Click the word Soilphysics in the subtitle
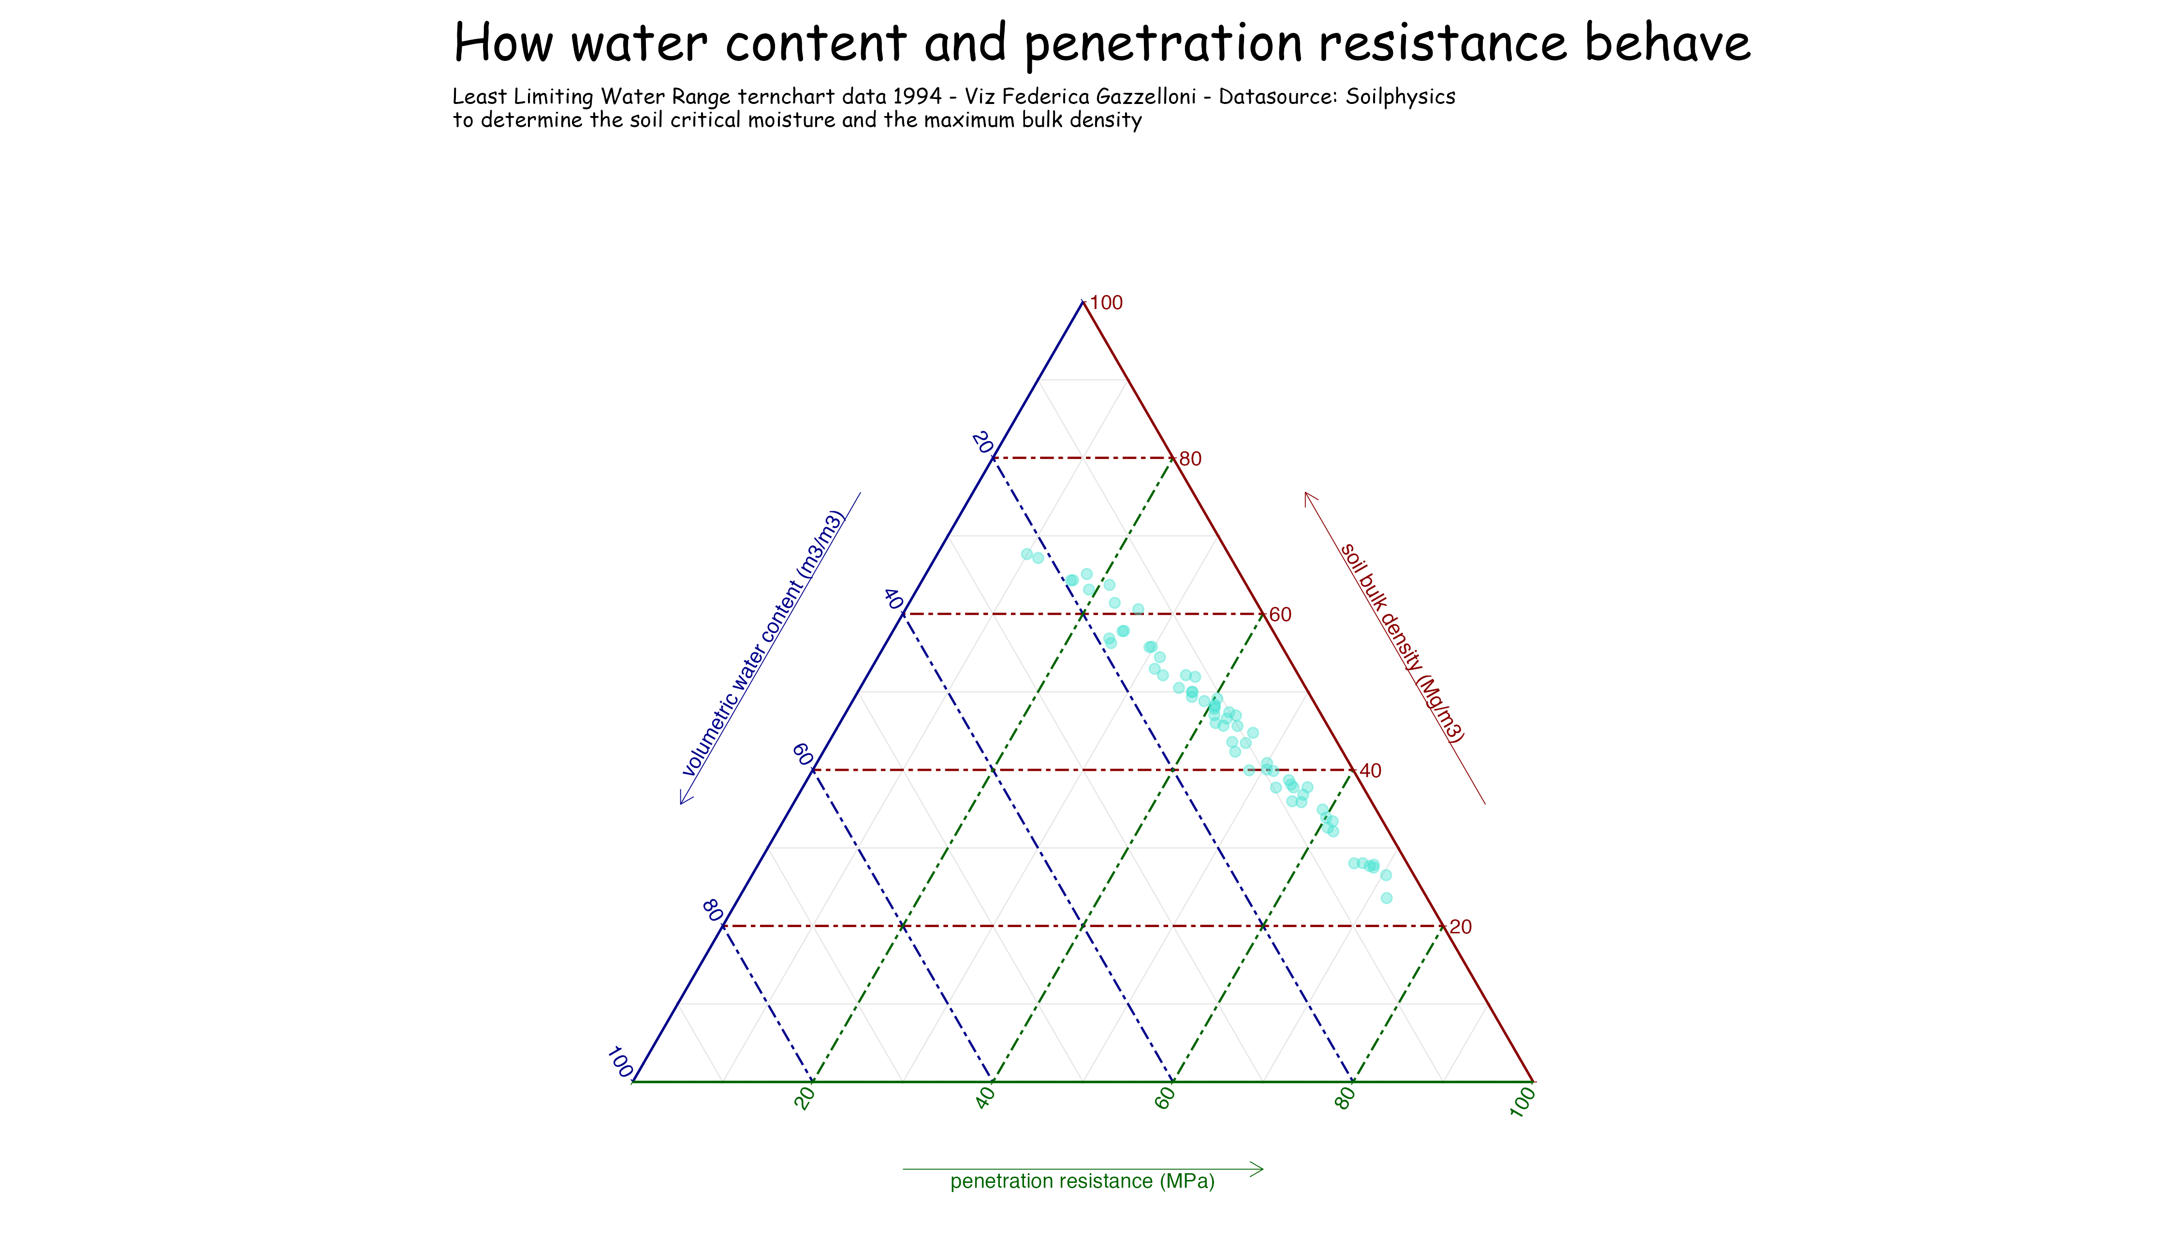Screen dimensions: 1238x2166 coord(1403,97)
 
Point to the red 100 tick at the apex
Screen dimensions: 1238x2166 coord(1106,303)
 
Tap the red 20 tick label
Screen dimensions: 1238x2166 coord(1461,927)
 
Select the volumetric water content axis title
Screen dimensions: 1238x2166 coord(763,644)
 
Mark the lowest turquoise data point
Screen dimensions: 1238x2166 coord(1387,898)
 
